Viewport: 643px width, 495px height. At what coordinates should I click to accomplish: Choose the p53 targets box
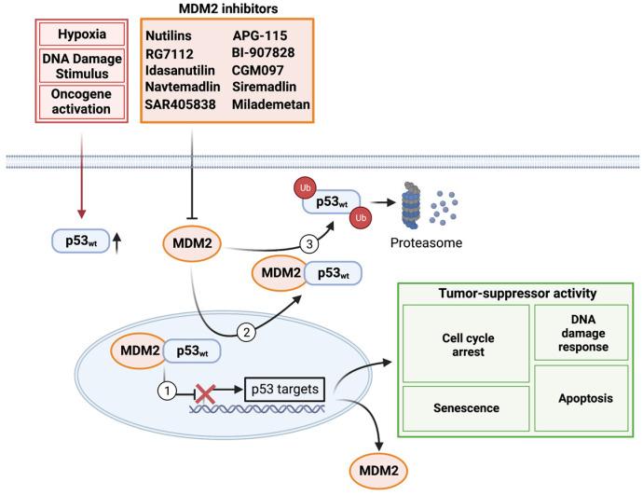tap(284, 383)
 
